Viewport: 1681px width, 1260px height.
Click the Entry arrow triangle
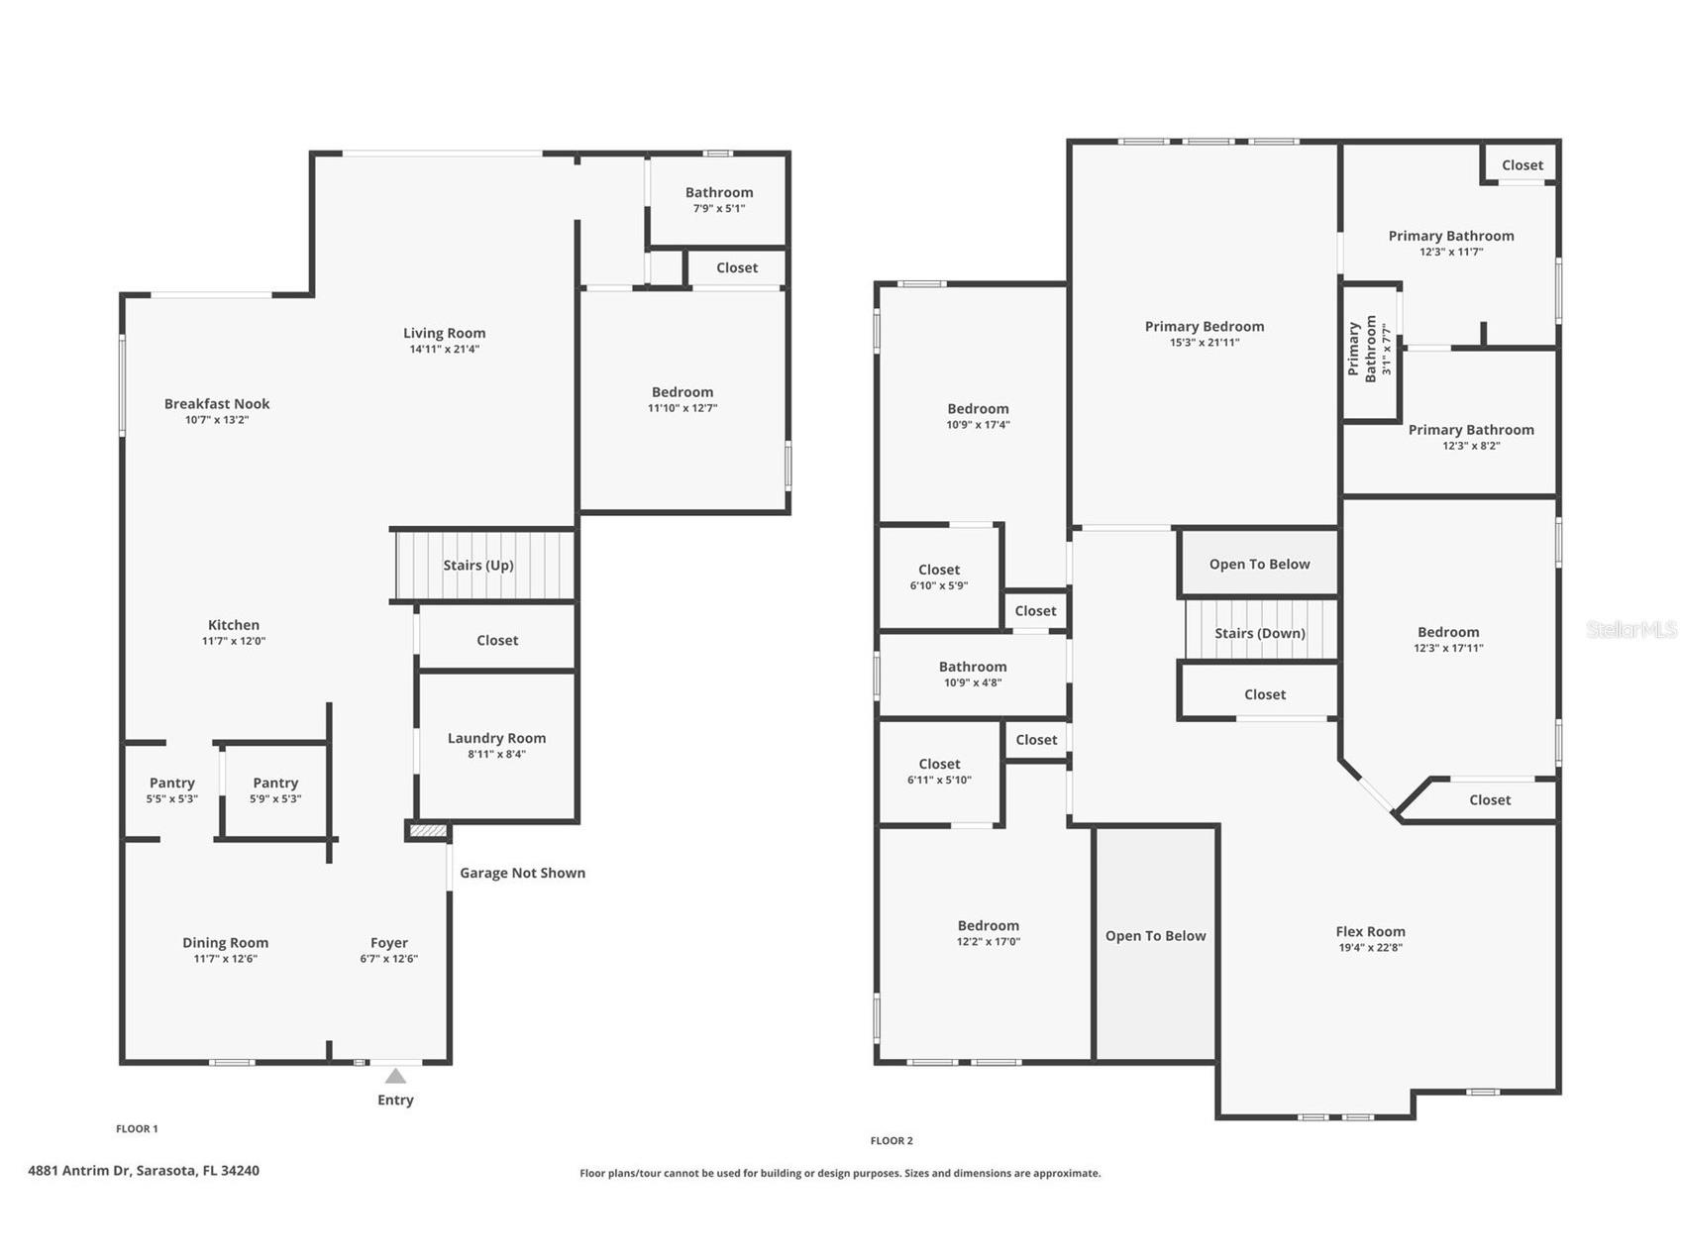[395, 1076]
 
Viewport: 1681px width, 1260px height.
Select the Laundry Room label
[496, 738]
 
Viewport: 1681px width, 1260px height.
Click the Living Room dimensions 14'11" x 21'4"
[445, 349]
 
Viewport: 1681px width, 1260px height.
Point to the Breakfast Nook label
[217, 403]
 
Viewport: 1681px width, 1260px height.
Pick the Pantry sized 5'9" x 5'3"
[275, 789]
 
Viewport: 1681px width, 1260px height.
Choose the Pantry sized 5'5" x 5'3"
[172, 789]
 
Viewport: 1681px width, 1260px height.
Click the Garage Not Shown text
[522, 873]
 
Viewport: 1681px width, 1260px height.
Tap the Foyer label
[389, 943]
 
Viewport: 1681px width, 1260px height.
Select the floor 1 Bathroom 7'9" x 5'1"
[719, 199]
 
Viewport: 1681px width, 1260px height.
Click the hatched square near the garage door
[428, 830]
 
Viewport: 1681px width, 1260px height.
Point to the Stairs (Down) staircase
[1260, 632]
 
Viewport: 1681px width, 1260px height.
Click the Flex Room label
[1370, 931]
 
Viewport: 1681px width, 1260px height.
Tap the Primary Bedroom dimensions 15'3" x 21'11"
[1205, 343]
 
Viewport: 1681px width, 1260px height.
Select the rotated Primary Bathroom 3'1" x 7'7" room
[1371, 351]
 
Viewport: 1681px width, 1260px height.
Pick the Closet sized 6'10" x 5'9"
[939, 577]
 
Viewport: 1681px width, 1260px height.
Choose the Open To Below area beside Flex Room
[1155, 936]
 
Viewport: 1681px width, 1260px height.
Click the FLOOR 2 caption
[892, 1140]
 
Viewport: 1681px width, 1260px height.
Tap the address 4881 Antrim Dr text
[144, 1170]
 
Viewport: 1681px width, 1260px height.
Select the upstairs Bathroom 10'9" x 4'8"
[973, 674]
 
